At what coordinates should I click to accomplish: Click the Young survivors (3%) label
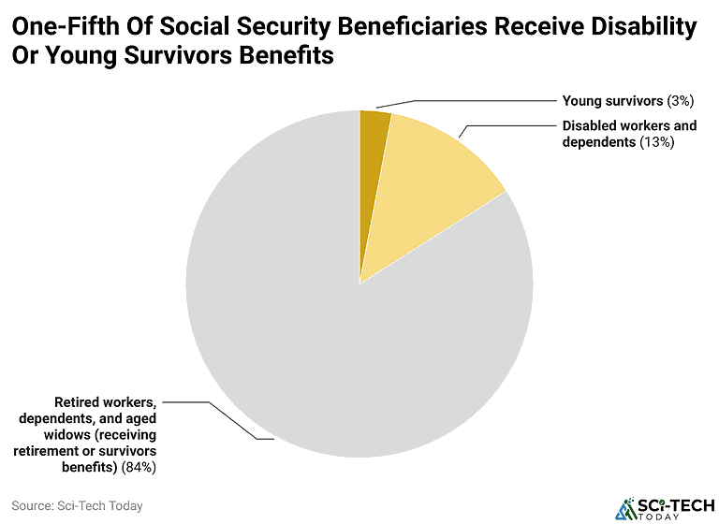coord(614,100)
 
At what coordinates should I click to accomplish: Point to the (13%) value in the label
coord(656,142)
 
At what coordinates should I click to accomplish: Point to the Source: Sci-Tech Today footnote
coord(78,505)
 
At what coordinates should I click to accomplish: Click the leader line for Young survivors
coord(468,101)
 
